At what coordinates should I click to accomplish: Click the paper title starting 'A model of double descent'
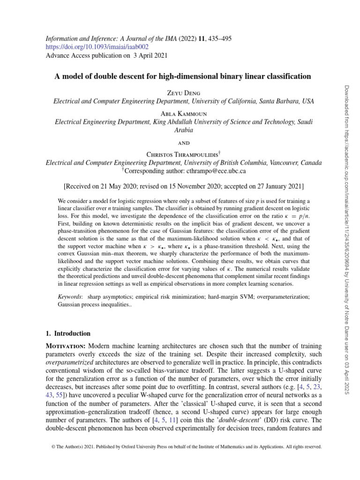tap(183, 76)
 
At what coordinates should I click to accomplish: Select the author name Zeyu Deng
tap(183, 92)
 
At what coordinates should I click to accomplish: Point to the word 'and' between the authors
tap(183, 143)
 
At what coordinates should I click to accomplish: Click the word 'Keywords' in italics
tap(67, 297)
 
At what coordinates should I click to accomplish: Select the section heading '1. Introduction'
tap(68, 334)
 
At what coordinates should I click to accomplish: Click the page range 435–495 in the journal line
tap(215, 38)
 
